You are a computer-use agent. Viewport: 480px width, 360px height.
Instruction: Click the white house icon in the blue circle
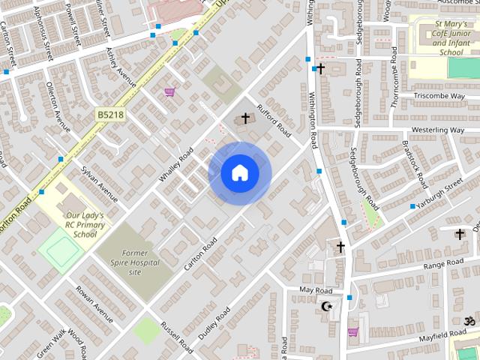239,172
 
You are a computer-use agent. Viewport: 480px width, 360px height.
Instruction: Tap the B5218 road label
110,115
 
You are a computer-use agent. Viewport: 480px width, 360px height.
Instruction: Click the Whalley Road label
175,165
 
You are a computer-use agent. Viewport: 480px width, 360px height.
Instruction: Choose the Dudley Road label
214,322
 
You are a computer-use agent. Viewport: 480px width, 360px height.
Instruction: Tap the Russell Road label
177,334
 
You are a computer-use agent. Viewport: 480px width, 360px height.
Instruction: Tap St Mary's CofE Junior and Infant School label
451,38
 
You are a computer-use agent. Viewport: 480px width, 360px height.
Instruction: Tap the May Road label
315,290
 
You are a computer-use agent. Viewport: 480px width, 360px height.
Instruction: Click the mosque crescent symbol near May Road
326,306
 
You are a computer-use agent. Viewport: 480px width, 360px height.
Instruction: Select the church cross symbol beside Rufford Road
244,118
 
